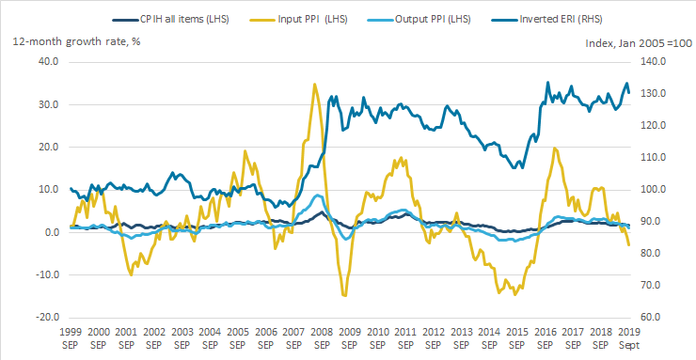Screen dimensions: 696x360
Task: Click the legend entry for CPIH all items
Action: tap(171, 20)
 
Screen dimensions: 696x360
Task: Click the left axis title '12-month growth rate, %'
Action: tap(77, 42)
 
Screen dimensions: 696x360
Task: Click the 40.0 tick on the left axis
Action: tap(49, 62)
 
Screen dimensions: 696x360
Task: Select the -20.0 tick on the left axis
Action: tap(47, 318)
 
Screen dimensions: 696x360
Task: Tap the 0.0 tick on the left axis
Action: tap(52, 232)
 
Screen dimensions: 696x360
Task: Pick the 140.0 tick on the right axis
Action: tap(654, 62)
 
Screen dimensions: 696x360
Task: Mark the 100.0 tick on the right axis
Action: tap(654, 190)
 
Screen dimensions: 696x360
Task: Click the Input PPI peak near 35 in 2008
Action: tap(315, 84)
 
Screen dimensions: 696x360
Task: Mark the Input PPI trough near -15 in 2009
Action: tap(344, 295)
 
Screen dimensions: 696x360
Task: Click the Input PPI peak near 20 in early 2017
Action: tap(554, 149)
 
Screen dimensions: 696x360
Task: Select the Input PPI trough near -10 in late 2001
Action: tap(131, 274)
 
